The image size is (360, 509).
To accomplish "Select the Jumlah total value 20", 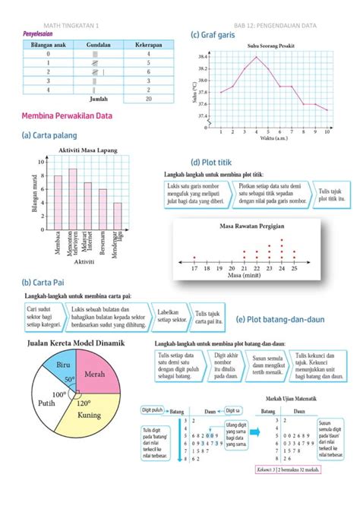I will (149, 99).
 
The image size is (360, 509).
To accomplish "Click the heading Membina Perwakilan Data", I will (68, 116).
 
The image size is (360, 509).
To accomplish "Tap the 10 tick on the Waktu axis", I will (327, 132).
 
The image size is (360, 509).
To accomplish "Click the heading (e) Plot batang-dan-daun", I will (280, 320).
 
